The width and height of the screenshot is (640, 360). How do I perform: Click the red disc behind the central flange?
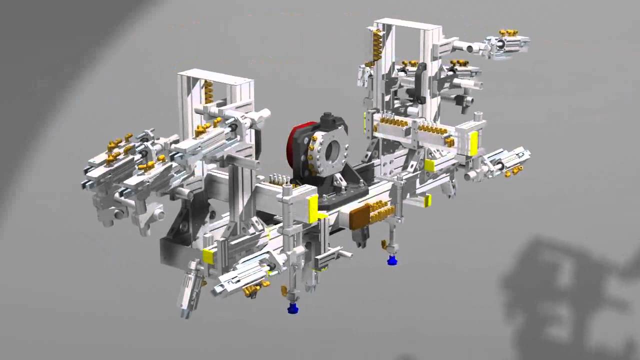pyautogui.click(x=295, y=145)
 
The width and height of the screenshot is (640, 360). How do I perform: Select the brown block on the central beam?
pyautogui.click(x=359, y=217)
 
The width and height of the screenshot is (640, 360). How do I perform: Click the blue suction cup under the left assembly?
pyautogui.click(x=293, y=308)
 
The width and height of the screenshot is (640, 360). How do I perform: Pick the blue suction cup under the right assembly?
pyautogui.click(x=392, y=259)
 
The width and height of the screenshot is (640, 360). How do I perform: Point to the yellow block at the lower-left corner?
pyautogui.click(x=208, y=256)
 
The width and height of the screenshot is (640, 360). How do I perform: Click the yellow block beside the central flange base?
pyautogui.click(x=313, y=209)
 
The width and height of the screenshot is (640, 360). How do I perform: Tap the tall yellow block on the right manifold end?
pyautogui.click(x=473, y=143)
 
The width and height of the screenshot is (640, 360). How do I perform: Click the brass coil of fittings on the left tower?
pyautogui.click(x=208, y=91)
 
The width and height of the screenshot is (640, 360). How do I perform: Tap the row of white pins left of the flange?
pyautogui.click(x=279, y=179)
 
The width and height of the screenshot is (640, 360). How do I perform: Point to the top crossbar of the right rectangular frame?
pyautogui.click(x=407, y=23)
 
